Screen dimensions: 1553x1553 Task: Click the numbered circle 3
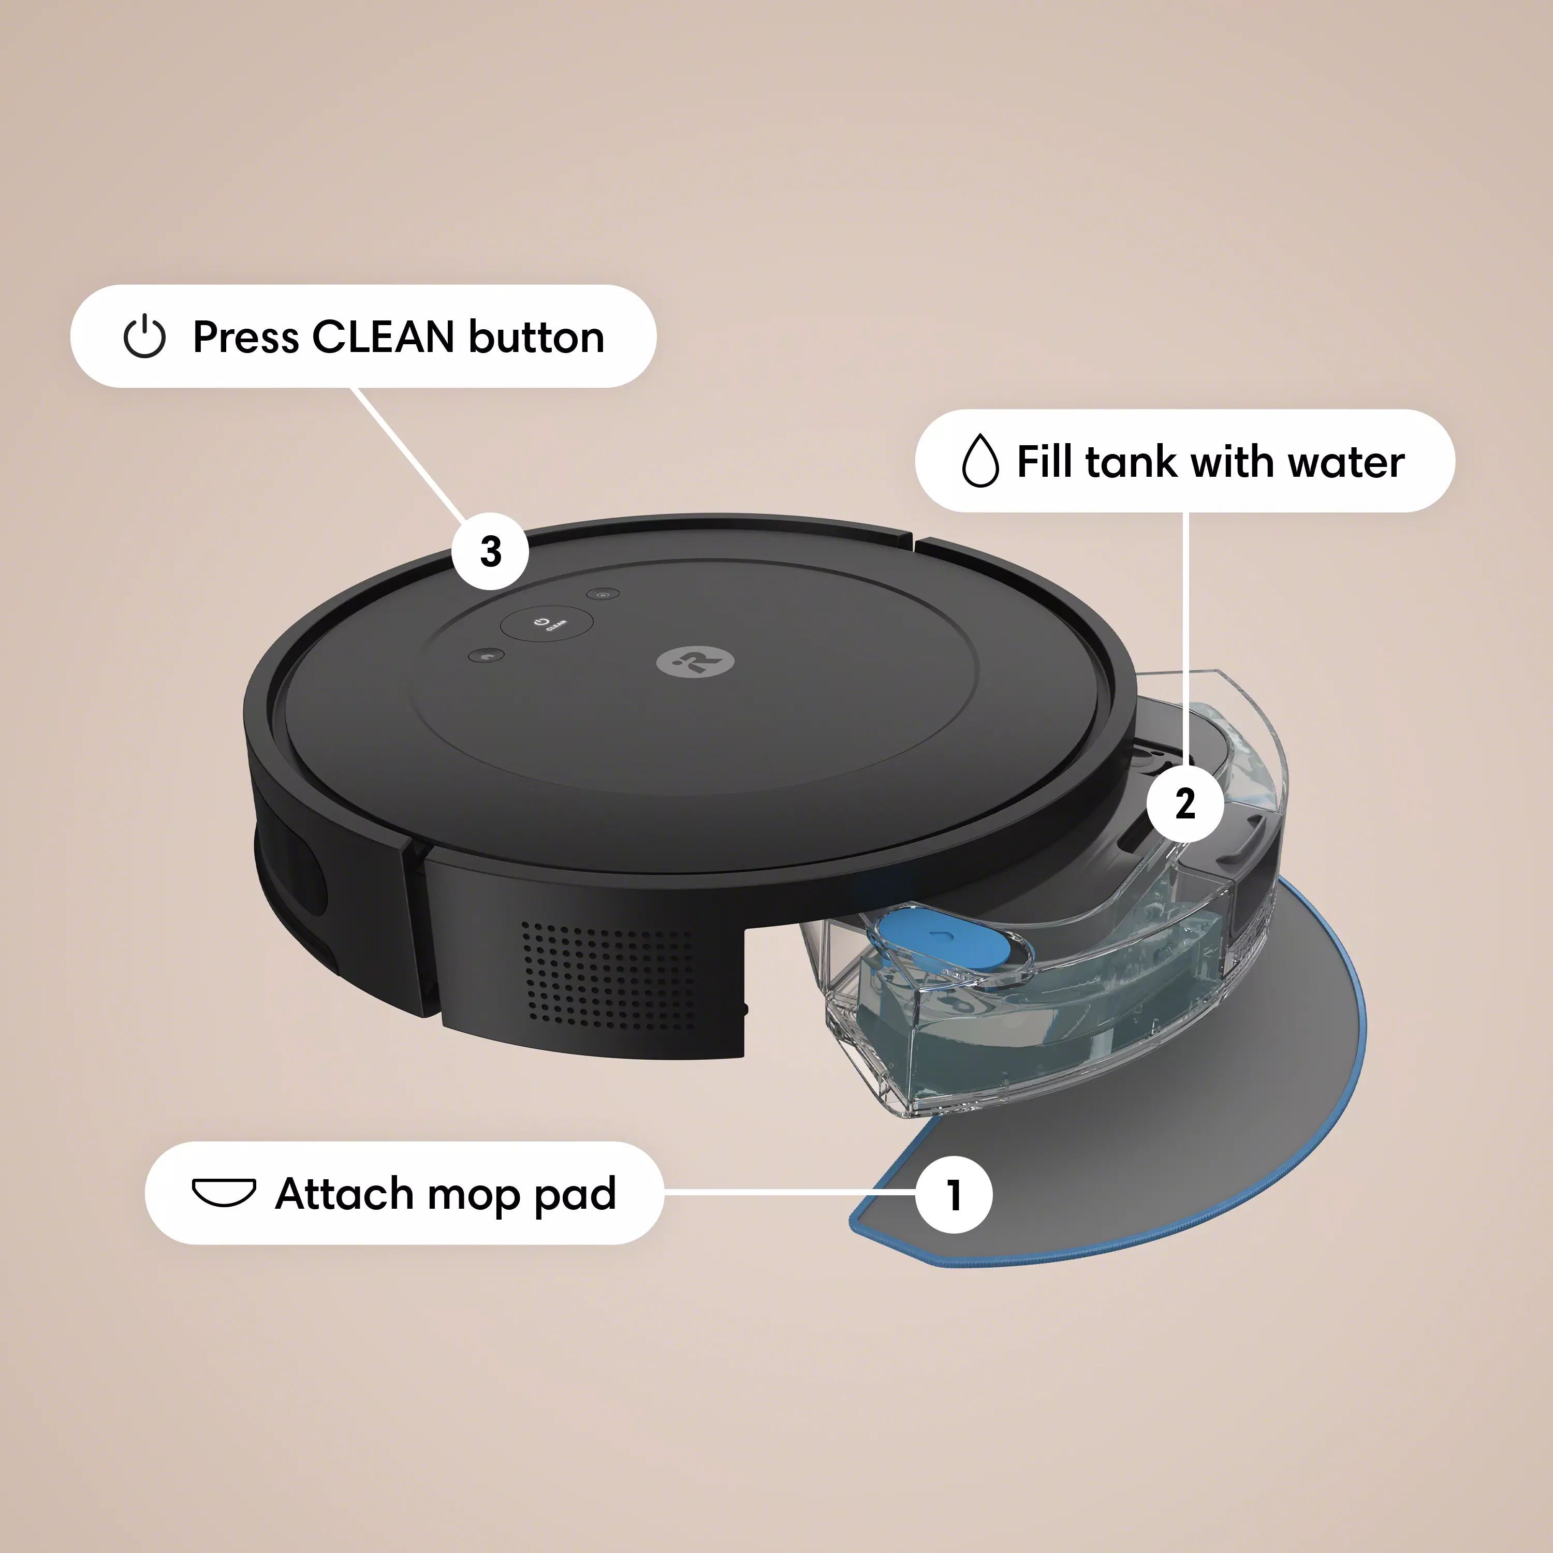tap(490, 551)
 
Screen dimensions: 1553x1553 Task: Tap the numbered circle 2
tap(1185, 803)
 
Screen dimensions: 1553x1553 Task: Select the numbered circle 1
tap(954, 1194)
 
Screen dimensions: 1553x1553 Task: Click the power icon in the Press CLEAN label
tap(145, 337)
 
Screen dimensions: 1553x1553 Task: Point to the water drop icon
tap(980, 461)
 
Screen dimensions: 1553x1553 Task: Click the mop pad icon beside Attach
tap(224, 1193)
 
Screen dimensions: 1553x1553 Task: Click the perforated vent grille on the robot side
tap(606, 974)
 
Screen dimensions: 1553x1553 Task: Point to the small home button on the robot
tap(486, 656)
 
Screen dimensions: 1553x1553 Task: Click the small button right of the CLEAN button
tap(602, 594)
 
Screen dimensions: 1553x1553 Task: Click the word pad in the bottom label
tap(574, 1195)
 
